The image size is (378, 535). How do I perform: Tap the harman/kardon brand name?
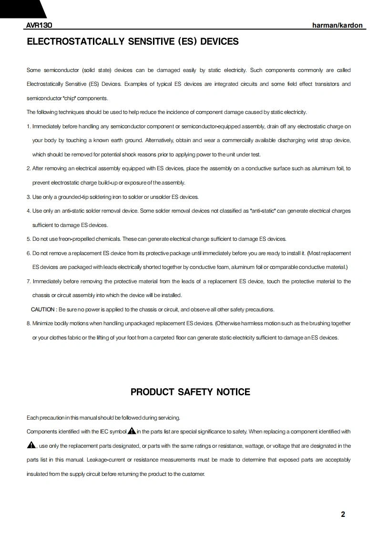pyautogui.click(x=337, y=25)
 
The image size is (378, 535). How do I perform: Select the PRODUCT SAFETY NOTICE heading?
pyautogui.click(x=190, y=392)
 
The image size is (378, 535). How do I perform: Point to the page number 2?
pyautogui.click(x=343, y=514)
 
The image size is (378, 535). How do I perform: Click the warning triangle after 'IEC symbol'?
pyautogui.click(x=132, y=431)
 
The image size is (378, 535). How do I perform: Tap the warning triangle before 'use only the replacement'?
pyautogui.click(x=31, y=445)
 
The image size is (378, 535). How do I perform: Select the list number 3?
pyautogui.click(x=29, y=197)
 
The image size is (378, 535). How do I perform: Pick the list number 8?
pyautogui.click(x=29, y=323)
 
